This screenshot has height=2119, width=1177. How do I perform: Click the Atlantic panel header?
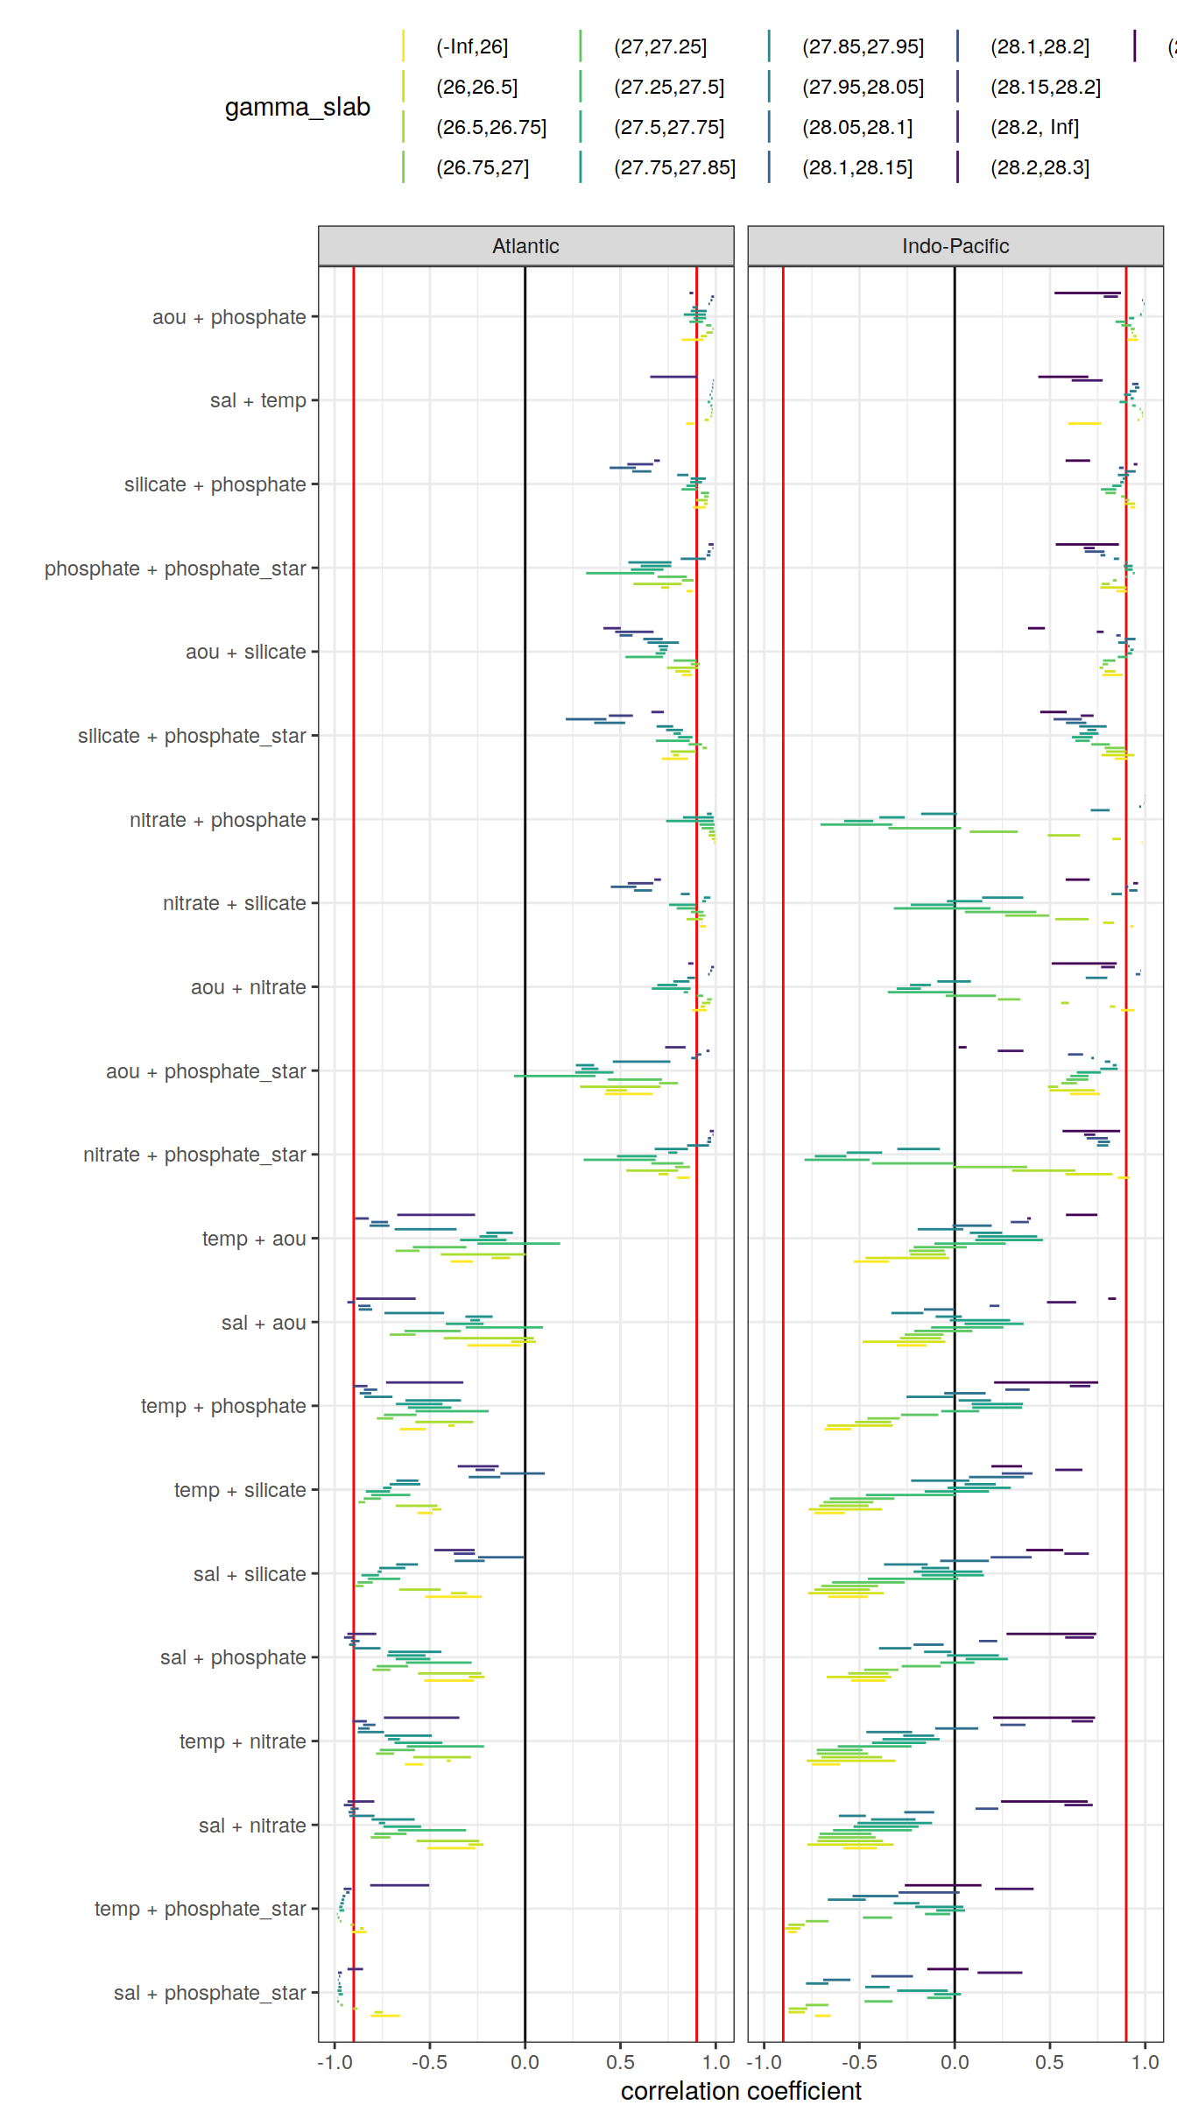click(x=525, y=246)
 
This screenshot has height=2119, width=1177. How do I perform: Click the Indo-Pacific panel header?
click(x=955, y=246)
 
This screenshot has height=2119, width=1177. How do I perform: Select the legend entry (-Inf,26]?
click(x=472, y=46)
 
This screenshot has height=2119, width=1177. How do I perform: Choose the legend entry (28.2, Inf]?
click(x=1034, y=127)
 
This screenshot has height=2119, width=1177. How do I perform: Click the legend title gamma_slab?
click(x=297, y=107)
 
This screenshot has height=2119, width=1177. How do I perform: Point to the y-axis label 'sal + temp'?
click(x=257, y=400)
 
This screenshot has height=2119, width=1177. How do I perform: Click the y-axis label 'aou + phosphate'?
click(x=229, y=317)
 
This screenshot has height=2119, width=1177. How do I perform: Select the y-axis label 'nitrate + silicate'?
click(x=234, y=903)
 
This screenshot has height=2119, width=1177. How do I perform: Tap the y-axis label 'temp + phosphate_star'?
click(x=200, y=1909)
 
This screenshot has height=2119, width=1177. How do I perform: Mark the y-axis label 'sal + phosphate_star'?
click(x=209, y=1993)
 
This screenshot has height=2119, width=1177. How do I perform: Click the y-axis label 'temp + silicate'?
click(x=239, y=1490)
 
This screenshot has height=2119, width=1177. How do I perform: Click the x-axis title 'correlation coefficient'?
click(x=741, y=2091)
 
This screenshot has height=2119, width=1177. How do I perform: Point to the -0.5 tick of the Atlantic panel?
click(x=429, y=2062)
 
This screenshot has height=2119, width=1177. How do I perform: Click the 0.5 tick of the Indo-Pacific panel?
click(x=1049, y=2062)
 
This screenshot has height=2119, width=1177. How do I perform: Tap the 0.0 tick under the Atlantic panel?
click(x=525, y=2062)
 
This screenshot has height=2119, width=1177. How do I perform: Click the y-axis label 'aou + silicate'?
click(x=245, y=652)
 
